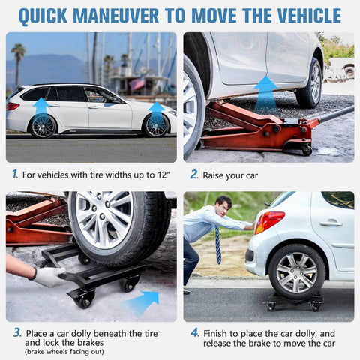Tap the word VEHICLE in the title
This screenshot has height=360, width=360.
click(x=304, y=15)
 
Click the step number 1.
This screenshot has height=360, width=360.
click(x=14, y=174)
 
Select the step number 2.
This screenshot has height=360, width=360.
click(x=193, y=174)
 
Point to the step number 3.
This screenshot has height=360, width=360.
click(x=16, y=332)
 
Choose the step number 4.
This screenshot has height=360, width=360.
click(x=194, y=332)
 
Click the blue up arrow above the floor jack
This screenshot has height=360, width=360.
click(x=265, y=93)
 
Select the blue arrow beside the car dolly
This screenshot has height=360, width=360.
click(x=142, y=301)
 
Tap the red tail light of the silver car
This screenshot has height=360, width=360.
click(x=268, y=222)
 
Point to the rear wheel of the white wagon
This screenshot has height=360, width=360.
click(x=43, y=125)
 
